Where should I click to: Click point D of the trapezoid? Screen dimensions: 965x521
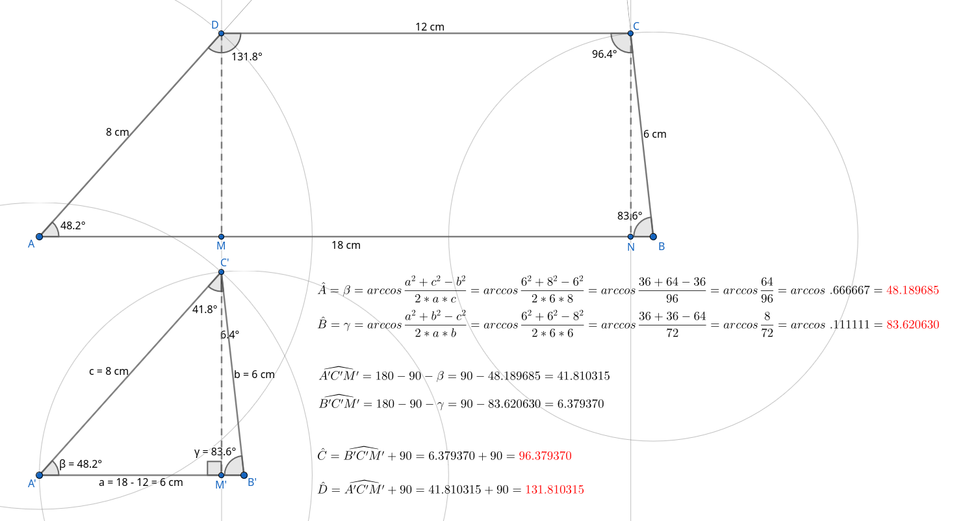(221, 33)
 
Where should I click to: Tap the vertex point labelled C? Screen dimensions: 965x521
(630, 33)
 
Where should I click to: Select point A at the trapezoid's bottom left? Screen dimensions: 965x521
(39, 236)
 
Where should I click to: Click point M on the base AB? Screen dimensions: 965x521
(221, 236)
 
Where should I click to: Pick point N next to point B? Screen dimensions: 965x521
(630, 236)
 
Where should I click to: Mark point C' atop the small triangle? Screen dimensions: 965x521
(221, 272)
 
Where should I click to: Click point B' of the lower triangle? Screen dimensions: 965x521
(244, 475)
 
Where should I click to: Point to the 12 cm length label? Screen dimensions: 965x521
(430, 27)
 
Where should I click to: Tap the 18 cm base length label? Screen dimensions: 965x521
(346, 245)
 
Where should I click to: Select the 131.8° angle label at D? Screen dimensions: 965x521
(247, 57)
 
